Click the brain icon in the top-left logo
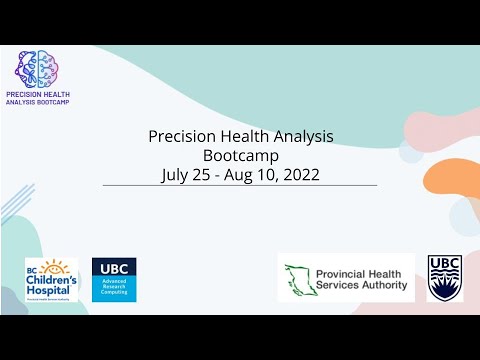[x=36, y=67]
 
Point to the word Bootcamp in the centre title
[x=240, y=155]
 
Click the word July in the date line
[x=177, y=174]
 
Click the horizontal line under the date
[x=240, y=186]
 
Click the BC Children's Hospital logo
[x=51, y=279]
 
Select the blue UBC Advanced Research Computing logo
[x=114, y=279]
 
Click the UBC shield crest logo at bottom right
[x=445, y=277]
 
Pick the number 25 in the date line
[x=206, y=174]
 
